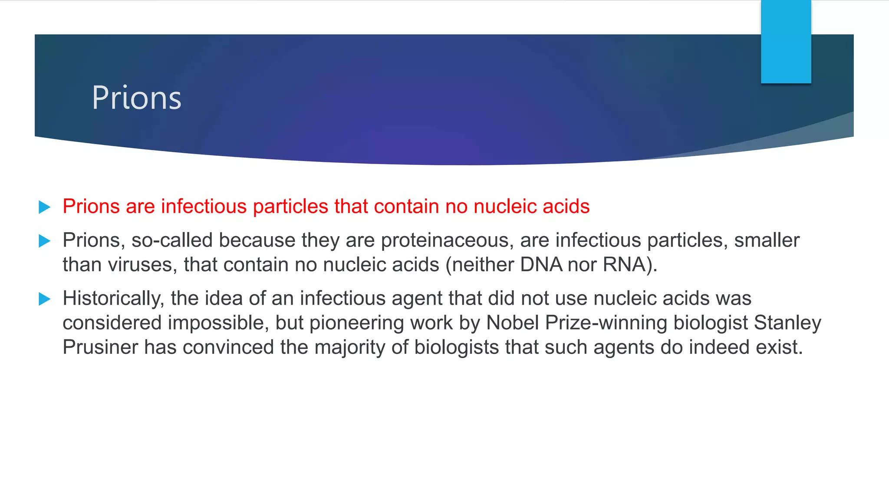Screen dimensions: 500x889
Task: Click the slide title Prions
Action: click(136, 98)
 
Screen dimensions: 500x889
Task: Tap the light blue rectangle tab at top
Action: click(786, 42)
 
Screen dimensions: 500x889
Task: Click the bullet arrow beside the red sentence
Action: click(44, 207)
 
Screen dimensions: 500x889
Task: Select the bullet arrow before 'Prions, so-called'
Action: click(44, 240)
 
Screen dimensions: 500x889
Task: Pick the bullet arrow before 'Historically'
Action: click(44, 299)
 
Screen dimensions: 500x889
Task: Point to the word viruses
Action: click(143, 265)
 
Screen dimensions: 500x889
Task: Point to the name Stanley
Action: click(787, 323)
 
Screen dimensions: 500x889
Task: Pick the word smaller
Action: click(767, 240)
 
